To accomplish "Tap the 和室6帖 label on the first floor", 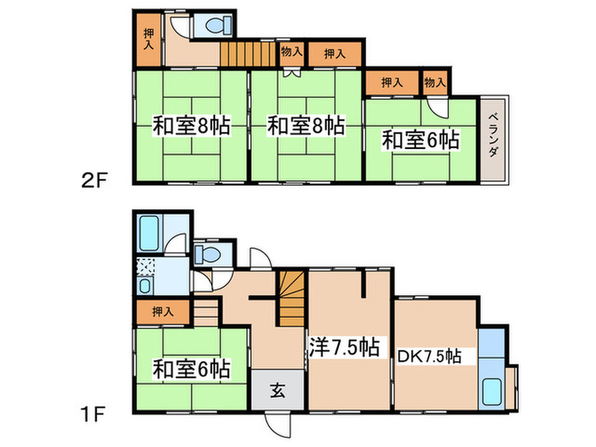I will point(190,370).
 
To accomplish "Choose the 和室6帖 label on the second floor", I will point(421,140).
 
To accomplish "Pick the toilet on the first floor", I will point(207,255).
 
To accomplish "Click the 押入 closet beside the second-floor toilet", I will point(148,38).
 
